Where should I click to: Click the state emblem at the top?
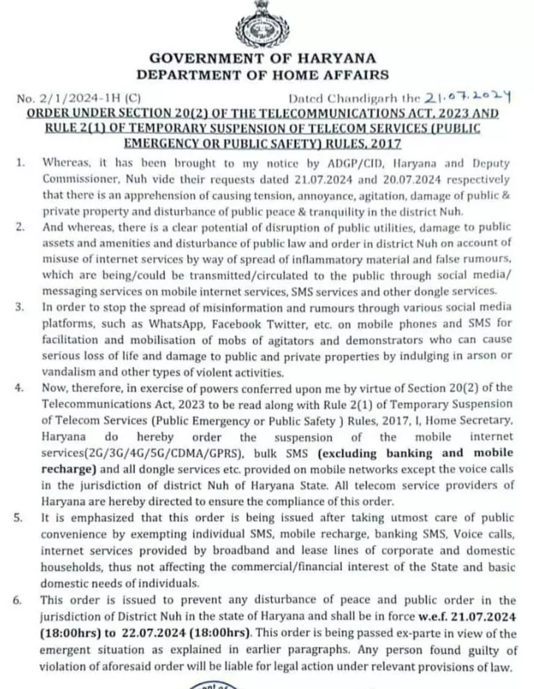262,24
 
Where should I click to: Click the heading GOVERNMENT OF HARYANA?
262,58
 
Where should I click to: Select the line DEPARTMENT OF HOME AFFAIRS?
262,74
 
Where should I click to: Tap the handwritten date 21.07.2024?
469,96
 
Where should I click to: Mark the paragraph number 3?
19,307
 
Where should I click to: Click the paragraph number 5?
19,518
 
